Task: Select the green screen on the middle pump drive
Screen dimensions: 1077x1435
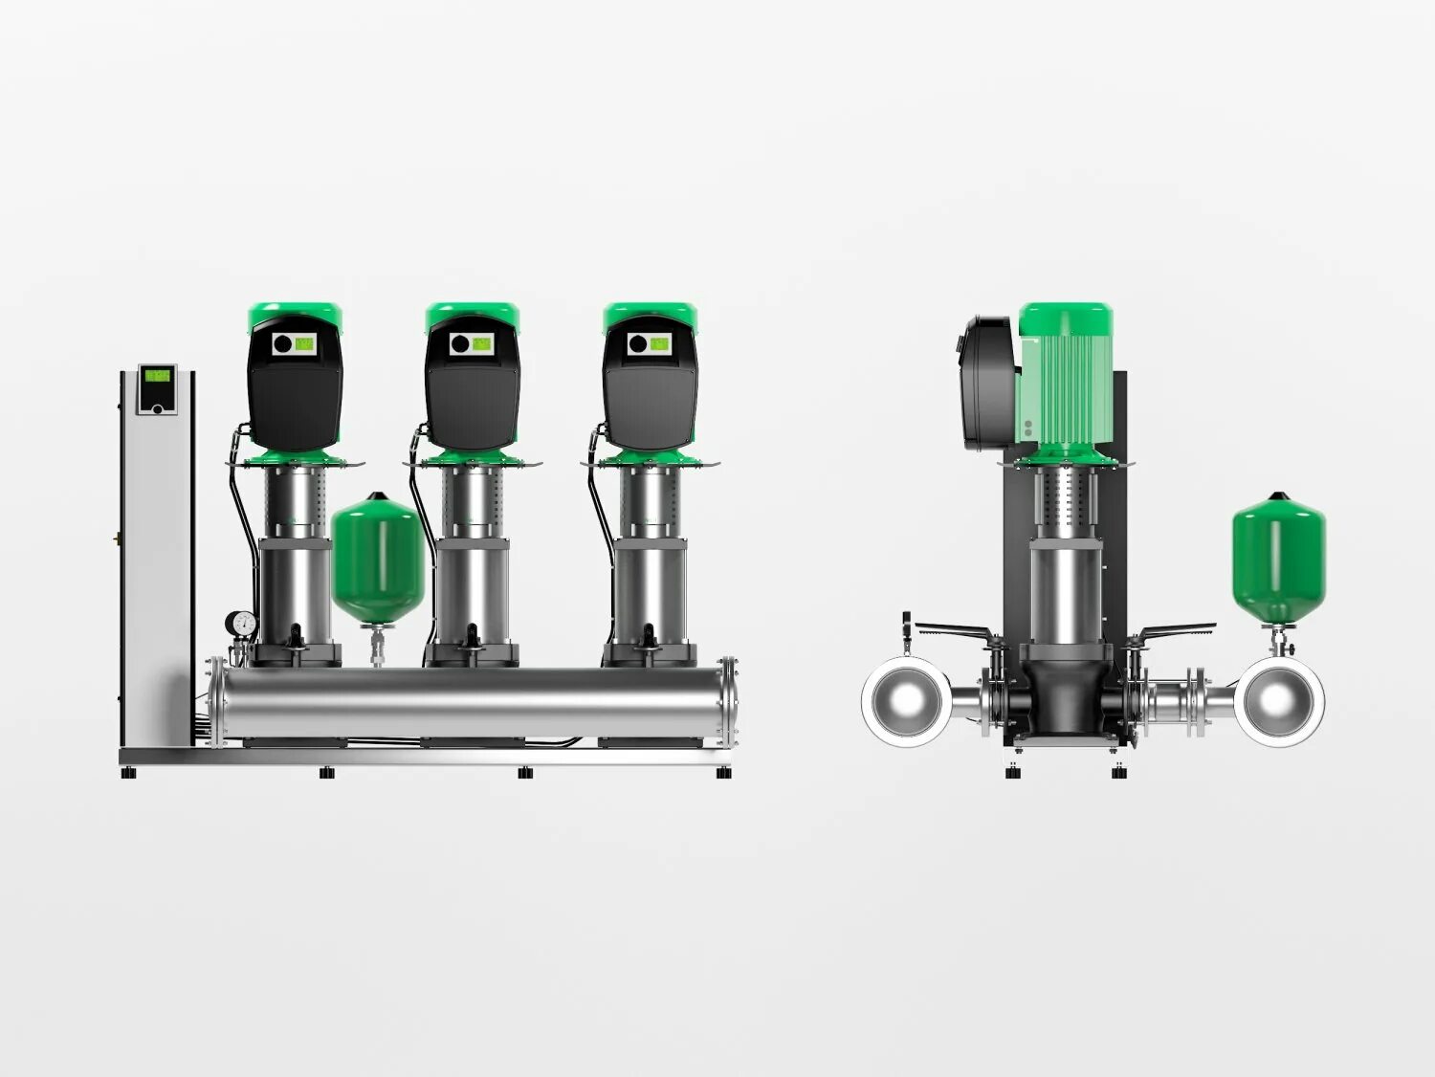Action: click(481, 342)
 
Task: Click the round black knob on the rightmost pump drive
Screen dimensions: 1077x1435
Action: click(636, 342)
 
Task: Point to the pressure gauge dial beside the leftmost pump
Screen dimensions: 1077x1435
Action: click(242, 624)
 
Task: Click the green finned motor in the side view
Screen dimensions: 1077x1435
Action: click(1064, 383)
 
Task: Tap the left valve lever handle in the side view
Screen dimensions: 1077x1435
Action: click(952, 631)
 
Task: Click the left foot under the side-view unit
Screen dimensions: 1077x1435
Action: click(1014, 772)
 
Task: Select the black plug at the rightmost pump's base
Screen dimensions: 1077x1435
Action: click(649, 634)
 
